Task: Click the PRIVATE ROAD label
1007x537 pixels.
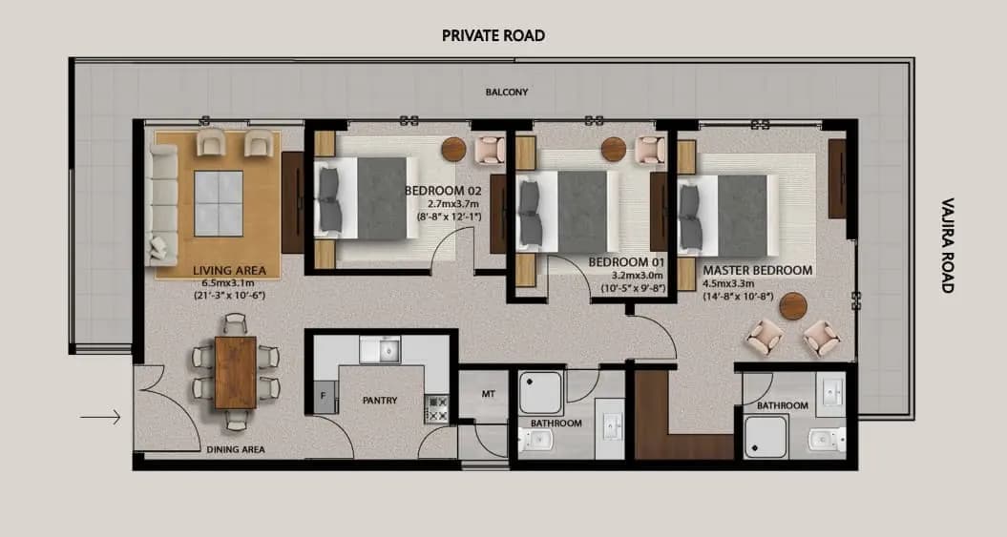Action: [x=493, y=35]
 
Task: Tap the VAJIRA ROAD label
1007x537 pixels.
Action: [x=948, y=245]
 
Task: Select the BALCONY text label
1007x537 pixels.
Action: [x=505, y=93]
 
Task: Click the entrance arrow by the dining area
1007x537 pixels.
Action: [x=100, y=416]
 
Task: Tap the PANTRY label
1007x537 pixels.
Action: [x=381, y=401]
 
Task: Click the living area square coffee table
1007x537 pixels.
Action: [x=220, y=202]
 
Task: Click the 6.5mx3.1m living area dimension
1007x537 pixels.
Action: [x=229, y=283]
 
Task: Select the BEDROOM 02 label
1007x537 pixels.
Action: [x=443, y=191]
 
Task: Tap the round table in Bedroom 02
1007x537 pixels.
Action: [x=453, y=149]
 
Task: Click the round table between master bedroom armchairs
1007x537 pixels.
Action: [x=790, y=307]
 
